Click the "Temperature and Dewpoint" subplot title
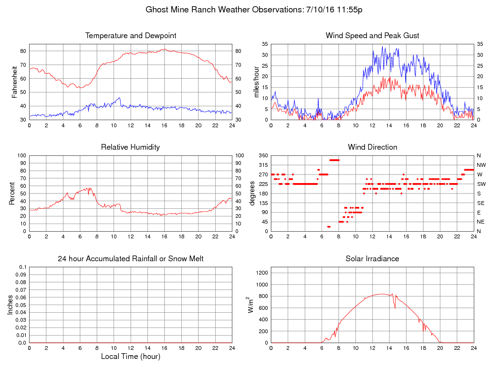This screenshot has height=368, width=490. (131, 36)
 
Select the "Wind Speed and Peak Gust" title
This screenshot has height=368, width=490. (372, 36)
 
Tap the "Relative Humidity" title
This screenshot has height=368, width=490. (130, 147)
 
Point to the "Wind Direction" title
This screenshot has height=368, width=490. (372, 147)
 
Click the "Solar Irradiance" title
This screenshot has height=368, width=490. (372, 259)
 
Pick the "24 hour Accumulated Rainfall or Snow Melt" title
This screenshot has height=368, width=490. (131, 259)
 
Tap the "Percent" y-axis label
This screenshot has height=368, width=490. (12, 194)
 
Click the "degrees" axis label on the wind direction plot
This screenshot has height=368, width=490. (252, 194)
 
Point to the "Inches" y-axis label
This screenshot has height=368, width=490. (10, 305)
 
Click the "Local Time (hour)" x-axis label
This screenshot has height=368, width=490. (130, 357)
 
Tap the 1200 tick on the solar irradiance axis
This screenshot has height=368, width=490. (262, 273)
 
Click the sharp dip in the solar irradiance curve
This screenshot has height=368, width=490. (395, 307)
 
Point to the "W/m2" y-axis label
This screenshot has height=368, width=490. (250, 305)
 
